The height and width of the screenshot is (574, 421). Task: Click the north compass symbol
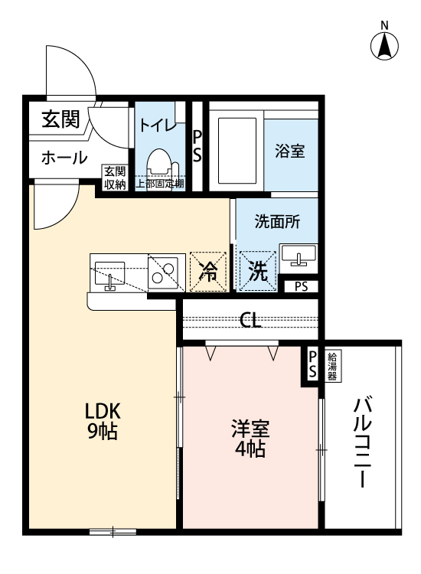point(385,45)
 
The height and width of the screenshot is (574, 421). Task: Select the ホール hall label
point(64,158)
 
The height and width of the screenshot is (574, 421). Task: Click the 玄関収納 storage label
point(115,178)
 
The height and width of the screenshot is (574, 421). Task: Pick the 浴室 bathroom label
point(290,151)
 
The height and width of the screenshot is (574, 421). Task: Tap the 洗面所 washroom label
point(277,222)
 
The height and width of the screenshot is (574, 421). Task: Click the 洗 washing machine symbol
point(256,271)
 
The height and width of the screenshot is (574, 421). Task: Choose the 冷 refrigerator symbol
point(208,271)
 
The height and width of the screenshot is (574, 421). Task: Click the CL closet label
point(250,320)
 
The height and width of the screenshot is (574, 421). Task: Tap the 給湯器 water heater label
point(335,364)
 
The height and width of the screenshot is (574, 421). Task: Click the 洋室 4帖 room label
point(250,439)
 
